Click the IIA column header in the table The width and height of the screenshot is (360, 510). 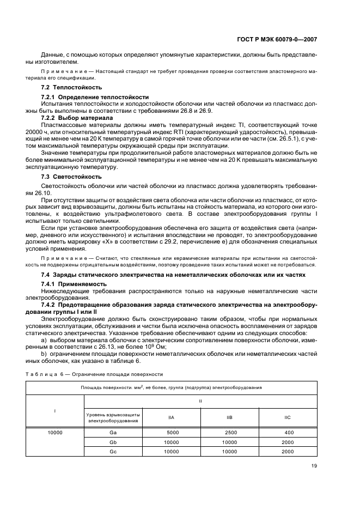(x=171, y=417)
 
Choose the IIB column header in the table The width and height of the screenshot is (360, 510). (x=230, y=417)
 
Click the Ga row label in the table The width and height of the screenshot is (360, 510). (x=114, y=432)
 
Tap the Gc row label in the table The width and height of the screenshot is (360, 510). (x=114, y=451)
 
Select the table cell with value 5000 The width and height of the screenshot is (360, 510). (x=171, y=432)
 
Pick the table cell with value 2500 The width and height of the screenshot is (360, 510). (x=230, y=432)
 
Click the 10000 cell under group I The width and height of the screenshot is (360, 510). (x=55, y=432)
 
